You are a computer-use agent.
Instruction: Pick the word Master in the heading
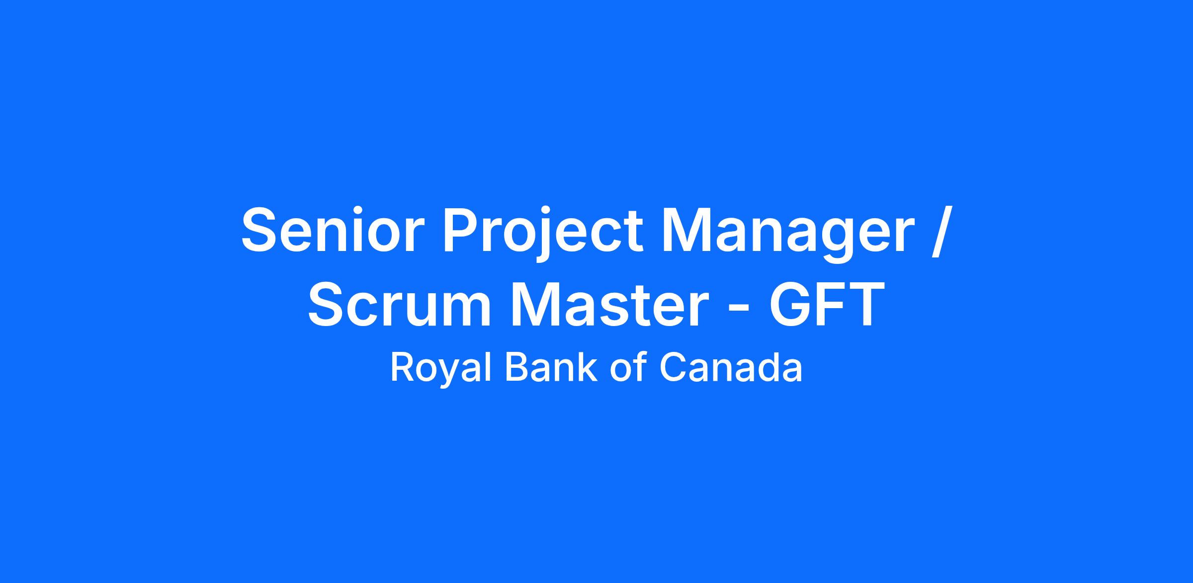(x=609, y=304)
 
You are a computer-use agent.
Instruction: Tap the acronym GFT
(x=827, y=304)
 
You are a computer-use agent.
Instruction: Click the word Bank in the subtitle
(x=551, y=367)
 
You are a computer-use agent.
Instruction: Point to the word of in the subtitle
(x=628, y=367)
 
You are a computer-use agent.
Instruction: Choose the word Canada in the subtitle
(x=731, y=367)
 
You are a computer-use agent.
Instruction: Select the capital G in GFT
(x=792, y=304)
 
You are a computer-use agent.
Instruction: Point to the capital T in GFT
(x=865, y=304)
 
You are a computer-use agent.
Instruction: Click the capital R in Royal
(x=403, y=367)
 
